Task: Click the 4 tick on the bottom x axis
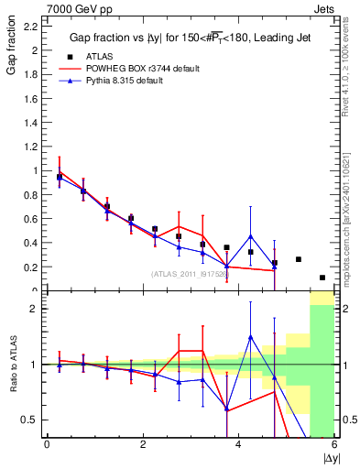tap(238, 445)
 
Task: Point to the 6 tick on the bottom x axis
tap(334, 445)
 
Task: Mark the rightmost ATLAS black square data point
tap(322, 278)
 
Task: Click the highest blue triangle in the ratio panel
tap(250, 337)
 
